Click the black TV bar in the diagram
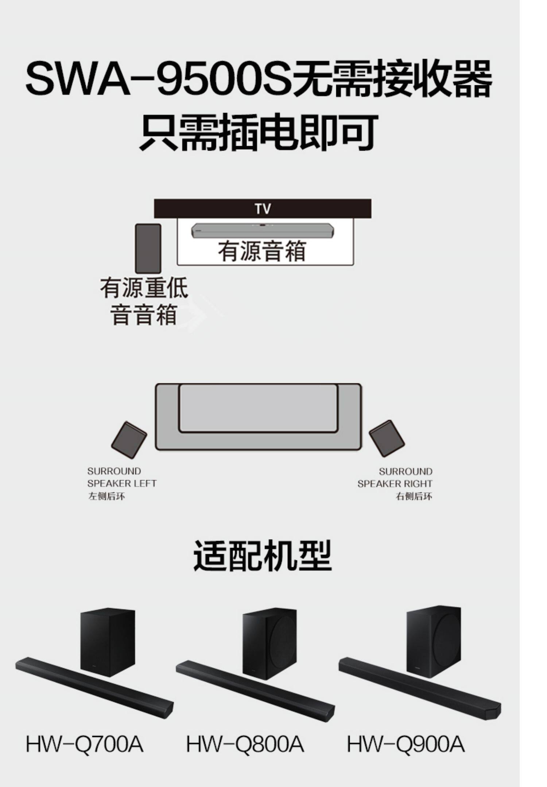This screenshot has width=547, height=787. click(263, 208)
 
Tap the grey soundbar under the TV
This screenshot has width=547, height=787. click(263, 230)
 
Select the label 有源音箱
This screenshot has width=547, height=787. click(262, 251)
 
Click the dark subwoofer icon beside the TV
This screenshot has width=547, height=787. click(148, 248)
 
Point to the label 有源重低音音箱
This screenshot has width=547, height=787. click(144, 301)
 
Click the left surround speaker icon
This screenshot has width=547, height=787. click(129, 439)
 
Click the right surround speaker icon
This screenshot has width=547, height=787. click(387, 438)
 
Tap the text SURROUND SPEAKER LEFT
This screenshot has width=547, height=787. click(121, 477)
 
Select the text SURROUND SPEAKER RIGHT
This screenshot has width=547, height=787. click(395, 478)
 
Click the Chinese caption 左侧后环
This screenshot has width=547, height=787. click(106, 496)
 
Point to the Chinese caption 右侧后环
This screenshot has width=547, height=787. click(414, 496)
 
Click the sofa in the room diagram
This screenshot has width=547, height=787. click(259, 416)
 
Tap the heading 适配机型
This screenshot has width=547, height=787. click(262, 556)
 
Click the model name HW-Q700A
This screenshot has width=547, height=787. click(85, 744)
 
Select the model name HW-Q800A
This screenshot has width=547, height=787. click(245, 744)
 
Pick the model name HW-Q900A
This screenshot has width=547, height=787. click(406, 744)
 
